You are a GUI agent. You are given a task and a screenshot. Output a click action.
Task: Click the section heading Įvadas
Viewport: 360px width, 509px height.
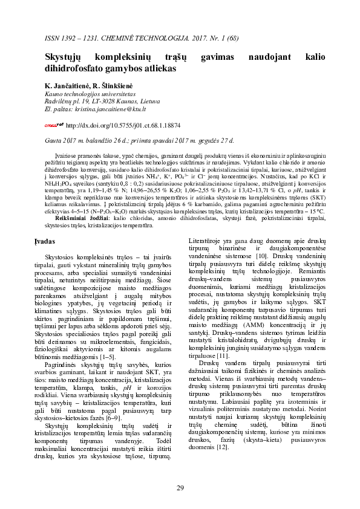57,241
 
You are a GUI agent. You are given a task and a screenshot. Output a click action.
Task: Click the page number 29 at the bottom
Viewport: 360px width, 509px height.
180,487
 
